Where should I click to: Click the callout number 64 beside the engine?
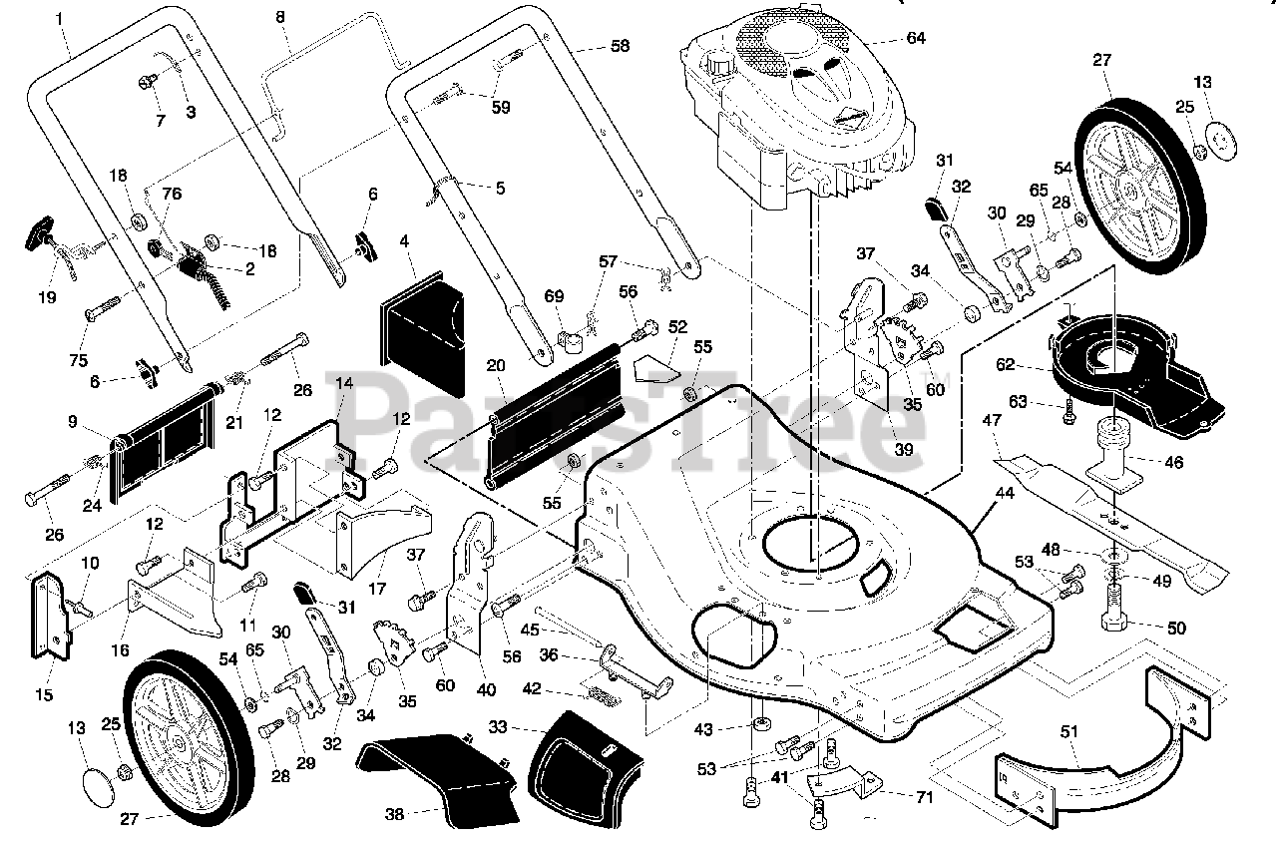916,38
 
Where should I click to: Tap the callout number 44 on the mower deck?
1004,493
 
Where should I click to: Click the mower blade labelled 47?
1111,519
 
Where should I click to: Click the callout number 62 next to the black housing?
1005,364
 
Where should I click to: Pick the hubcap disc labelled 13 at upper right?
1221,141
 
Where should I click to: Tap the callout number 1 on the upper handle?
59,19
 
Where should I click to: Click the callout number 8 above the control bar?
280,17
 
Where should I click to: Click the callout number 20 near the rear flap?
496,365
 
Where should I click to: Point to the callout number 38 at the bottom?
394,814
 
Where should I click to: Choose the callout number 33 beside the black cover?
498,727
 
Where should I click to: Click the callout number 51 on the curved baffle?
1068,731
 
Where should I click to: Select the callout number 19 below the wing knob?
47,297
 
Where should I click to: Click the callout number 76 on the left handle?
172,194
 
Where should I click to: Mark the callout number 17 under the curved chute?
377,588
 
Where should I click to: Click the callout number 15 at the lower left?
44,695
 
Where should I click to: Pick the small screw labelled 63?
1068,415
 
